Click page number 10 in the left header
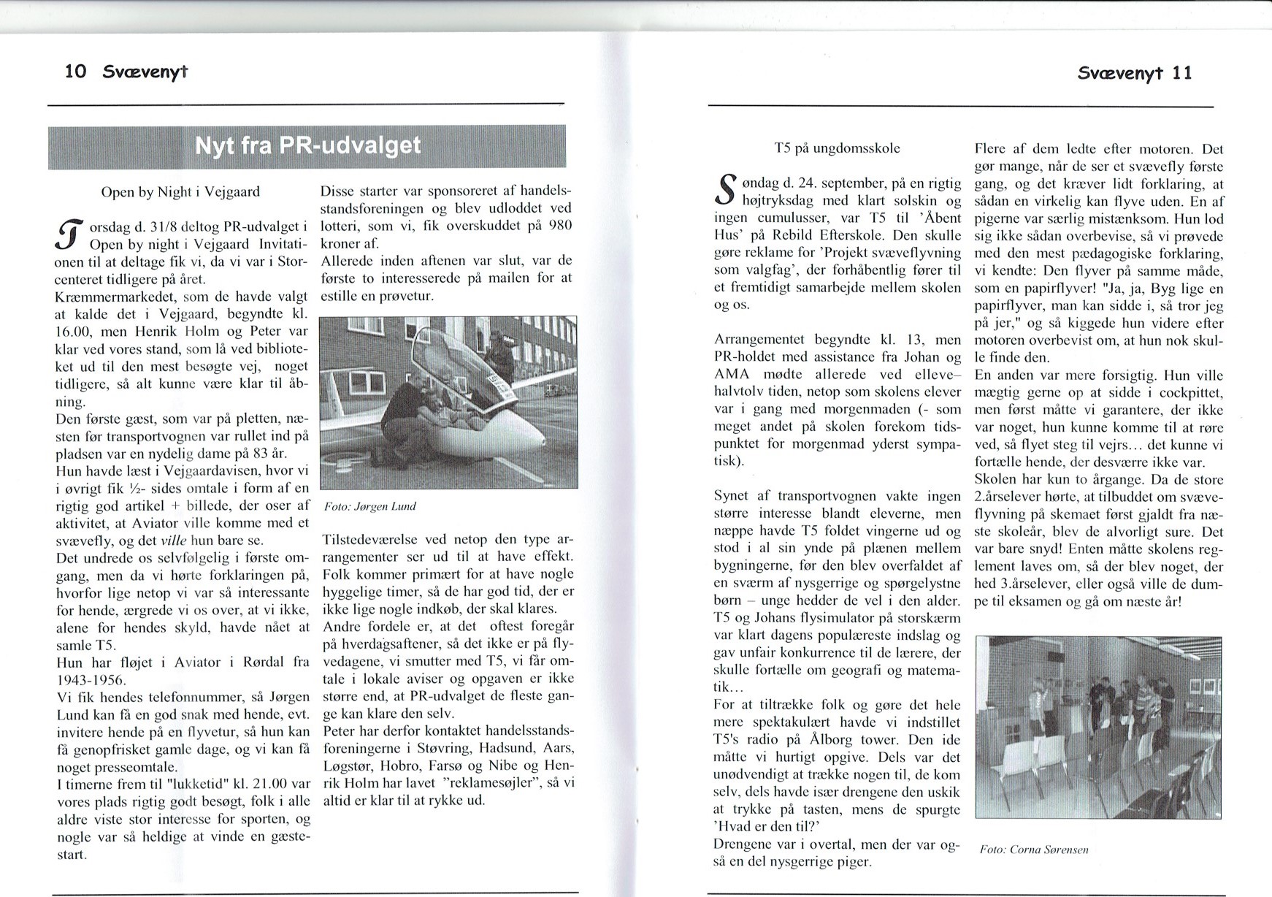(75, 71)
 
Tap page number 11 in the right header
(1181, 72)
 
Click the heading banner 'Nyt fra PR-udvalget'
(307, 146)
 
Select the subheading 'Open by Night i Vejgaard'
(180, 192)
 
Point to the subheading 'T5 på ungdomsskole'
(837, 148)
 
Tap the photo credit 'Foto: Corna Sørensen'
(1034, 850)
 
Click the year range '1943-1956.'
(91, 679)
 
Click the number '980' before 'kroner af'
(559, 226)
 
